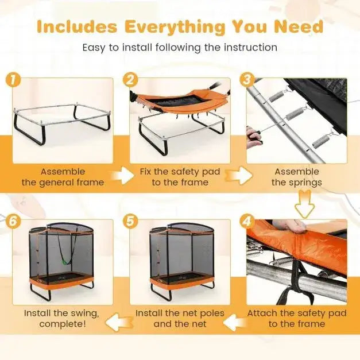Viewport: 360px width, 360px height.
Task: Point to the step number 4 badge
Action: coord(248,221)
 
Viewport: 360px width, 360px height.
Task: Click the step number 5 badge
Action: coord(131,221)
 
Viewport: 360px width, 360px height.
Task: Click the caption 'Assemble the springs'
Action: coord(296,177)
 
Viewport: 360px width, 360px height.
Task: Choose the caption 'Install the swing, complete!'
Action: coord(61,319)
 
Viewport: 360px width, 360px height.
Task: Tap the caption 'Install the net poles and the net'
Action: coord(179,319)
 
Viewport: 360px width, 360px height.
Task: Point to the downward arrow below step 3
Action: coord(304,204)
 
